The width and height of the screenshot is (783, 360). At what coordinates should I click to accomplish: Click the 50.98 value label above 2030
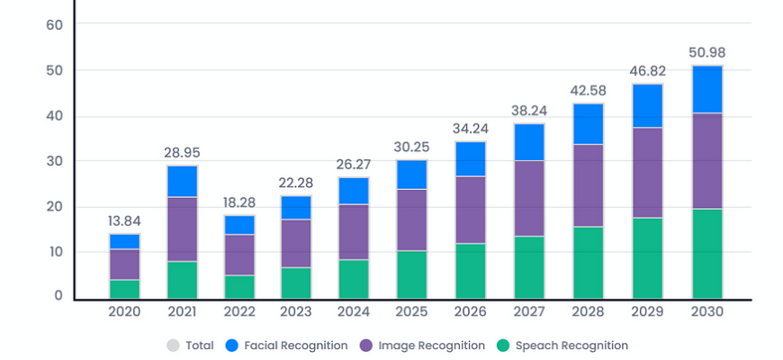pos(707,53)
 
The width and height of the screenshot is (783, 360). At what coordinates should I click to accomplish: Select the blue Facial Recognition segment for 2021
pos(182,181)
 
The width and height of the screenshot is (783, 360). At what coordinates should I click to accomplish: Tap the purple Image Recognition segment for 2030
pos(707,161)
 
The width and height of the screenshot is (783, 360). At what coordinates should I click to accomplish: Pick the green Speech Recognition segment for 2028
pos(589,262)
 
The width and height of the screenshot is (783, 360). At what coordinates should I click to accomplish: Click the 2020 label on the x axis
pos(124,311)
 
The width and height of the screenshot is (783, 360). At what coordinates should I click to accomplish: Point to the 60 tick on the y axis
pos(53,24)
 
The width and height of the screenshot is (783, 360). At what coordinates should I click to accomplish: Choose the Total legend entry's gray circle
pos(173,346)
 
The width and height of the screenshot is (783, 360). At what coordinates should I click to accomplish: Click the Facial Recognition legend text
pos(296,346)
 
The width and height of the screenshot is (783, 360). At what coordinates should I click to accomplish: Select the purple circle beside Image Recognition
pos(366,346)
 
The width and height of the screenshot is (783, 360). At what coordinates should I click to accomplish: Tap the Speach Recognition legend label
pos(571,346)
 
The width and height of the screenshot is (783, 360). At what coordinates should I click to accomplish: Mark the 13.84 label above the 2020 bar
pos(124,220)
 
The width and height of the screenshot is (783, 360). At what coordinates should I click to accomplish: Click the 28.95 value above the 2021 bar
pos(182,152)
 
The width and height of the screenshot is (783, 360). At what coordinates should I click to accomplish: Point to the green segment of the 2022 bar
pos(240,287)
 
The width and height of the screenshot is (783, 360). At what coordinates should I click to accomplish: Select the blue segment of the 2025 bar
pos(412,175)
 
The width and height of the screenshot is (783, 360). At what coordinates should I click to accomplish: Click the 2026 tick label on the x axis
pos(471,311)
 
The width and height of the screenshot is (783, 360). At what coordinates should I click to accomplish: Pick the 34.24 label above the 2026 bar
pos(471,128)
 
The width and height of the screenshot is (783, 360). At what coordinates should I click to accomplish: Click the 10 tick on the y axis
pos(53,252)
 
